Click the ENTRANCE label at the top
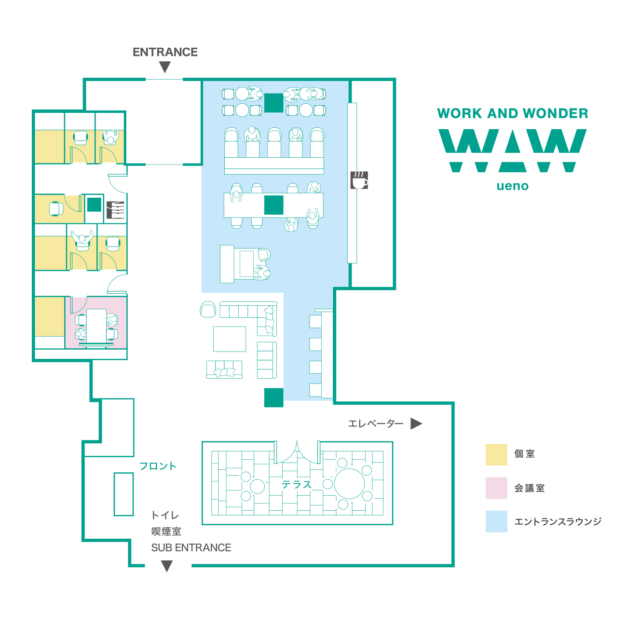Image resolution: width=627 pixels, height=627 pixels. click(165, 52)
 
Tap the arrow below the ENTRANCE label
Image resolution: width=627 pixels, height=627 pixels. click(165, 67)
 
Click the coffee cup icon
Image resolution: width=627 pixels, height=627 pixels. click(359, 180)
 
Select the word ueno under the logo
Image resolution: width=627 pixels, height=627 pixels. click(513, 186)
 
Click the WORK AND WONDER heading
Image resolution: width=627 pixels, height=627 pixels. click(513, 113)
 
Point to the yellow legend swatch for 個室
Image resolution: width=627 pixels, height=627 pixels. click(496, 454)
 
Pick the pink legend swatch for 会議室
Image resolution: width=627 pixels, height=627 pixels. click(496, 488)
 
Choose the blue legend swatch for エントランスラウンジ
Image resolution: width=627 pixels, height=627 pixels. click(496, 521)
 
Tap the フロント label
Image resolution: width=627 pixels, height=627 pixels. click(158, 466)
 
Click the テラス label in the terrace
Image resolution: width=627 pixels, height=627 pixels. click(297, 485)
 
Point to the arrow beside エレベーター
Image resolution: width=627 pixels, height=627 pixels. click(416, 423)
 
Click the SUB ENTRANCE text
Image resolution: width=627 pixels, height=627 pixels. click(191, 547)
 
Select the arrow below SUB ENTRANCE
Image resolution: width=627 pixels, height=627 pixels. click(167, 566)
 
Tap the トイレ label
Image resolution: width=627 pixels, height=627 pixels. click(165, 515)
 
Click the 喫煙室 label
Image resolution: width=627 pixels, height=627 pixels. click(166, 532)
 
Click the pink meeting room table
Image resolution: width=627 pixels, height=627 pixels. click(96, 326)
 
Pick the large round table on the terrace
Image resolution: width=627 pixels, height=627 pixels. click(349, 483)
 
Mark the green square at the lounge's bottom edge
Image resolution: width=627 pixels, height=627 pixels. click(273, 397)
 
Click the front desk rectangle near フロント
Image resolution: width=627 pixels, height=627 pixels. click(123, 494)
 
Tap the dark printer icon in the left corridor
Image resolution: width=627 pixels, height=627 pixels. click(115, 210)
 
